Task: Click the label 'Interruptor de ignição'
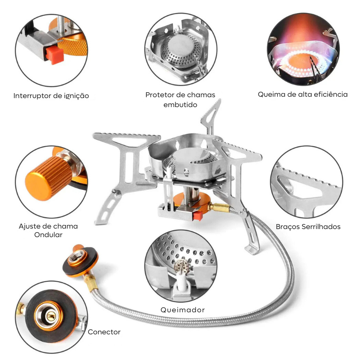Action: tap(51, 96)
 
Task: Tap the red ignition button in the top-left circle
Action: tap(54, 55)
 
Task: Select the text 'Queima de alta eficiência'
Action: tap(302, 94)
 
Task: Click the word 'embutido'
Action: tap(180, 105)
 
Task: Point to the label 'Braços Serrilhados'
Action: tap(308, 227)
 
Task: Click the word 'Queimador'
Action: tap(183, 310)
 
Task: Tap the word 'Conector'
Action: tap(104, 332)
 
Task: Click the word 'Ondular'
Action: tap(48, 235)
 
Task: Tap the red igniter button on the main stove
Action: tap(198, 216)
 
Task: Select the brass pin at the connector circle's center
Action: tap(50, 317)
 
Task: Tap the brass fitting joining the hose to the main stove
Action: tap(220, 207)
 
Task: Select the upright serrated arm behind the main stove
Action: tap(211, 117)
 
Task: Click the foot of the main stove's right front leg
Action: tap(252, 250)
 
